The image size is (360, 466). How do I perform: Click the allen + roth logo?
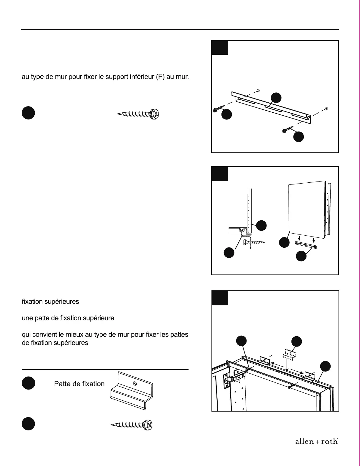point(316,441)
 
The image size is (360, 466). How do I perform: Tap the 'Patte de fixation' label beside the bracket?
point(79,384)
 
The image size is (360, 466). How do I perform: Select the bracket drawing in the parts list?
point(132,391)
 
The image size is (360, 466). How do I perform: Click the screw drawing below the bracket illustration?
point(132,425)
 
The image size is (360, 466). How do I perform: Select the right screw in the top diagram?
point(287,129)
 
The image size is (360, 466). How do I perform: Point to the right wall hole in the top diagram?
point(327,109)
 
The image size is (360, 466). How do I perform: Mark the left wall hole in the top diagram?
point(258,90)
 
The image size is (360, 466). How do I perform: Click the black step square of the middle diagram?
point(219,174)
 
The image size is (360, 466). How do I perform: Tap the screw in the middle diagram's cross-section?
point(254,242)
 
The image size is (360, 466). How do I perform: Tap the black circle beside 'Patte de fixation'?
point(28,383)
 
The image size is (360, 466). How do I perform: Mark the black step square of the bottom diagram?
point(220,298)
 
